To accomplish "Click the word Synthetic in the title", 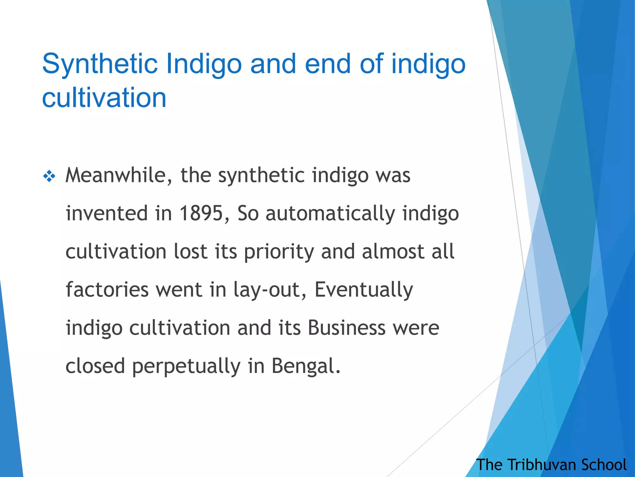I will click(x=100, y=64).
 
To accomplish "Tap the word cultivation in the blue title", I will click(x=104, y=98).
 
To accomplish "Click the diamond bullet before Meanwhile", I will click(x=49, y=177).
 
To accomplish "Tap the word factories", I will click(x=107, y=290).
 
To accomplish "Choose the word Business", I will click(x=347, y=328).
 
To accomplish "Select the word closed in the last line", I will click(x=95, y=366).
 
